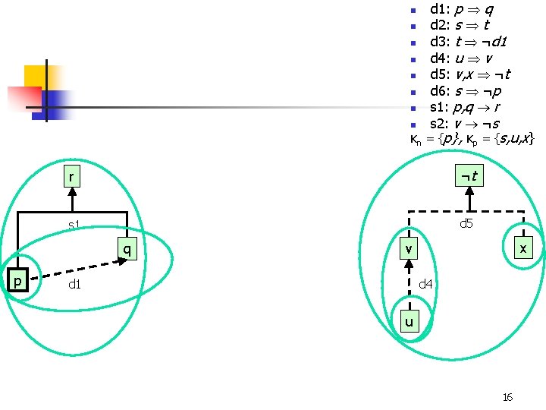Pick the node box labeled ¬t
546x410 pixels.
click(x=469, y=176)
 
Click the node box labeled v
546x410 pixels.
click(x=409, y=248)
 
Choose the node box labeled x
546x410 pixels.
click(x=523, y=248)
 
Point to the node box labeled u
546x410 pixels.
click(x=409, y=321)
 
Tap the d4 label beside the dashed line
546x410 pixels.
click(x=425, y=284)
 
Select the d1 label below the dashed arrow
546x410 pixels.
click(x=75, y=285)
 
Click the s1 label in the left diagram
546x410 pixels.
click(x=74, y=225)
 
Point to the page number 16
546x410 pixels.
click(x=507, y=397)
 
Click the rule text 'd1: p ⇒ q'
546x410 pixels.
click(x=463, y=10)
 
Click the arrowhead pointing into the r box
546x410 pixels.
click(x=72, y=192)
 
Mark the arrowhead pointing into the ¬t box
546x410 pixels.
click(x=469, y=191)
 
